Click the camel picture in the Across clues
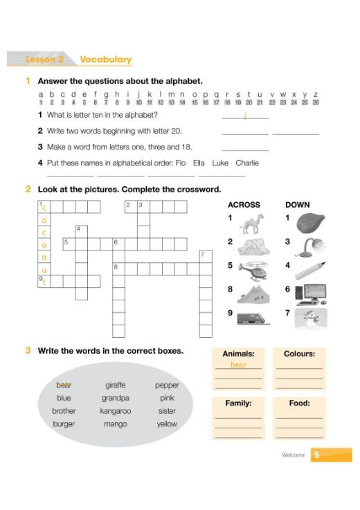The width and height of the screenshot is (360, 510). tap(251, 224)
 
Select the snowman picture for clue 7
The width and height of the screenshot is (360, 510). tap(311, 318)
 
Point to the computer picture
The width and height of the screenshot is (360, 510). tap(311, 294)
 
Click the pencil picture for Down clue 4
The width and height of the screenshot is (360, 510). tap(311, 271)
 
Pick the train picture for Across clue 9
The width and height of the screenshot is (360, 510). tap(253, 318)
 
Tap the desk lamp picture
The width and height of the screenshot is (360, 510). tap(311, 247)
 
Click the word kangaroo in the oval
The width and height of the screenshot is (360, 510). tap(115, 411)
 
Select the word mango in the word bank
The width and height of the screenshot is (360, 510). tap(115, 424)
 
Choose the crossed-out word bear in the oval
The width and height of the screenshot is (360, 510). tap(64, 385)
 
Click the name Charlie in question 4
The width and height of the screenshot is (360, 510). tap(247, 163)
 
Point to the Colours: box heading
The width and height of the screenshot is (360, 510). tap(300, 354)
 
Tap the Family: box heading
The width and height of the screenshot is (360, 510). tap(238, 403)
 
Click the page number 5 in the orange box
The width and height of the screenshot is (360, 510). tap(316, 455)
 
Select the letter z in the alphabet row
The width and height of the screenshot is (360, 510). tap(316, 95)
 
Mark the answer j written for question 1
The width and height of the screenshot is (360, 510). tap(245, 115)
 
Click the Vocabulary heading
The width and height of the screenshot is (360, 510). tap(106, 60)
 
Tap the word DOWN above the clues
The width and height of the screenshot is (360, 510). tap(298, 205)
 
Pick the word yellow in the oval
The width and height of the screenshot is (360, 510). tap(167, 424)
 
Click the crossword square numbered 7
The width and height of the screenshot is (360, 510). tap(206, 257)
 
